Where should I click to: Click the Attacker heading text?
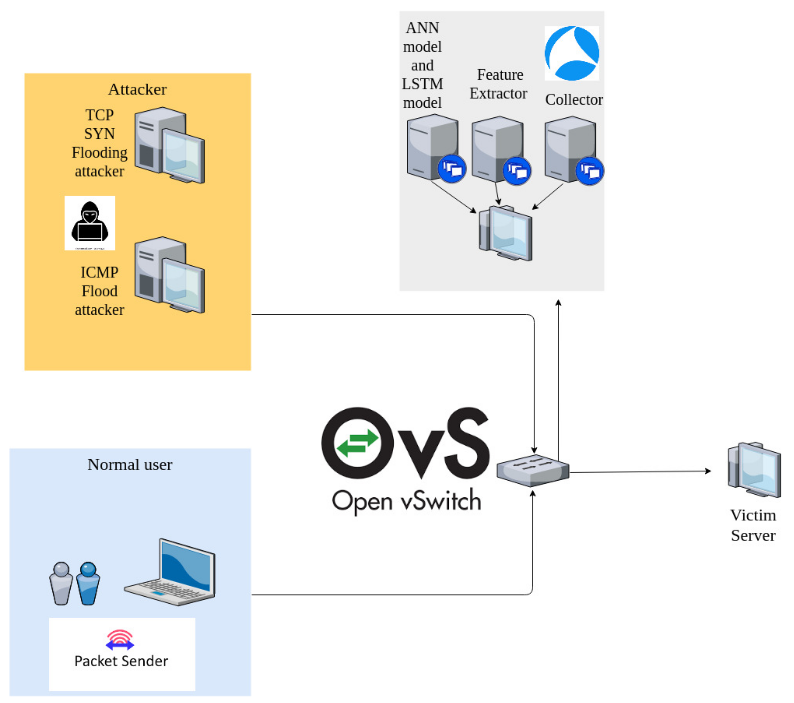point(137,89)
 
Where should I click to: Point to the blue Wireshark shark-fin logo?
point(571,53)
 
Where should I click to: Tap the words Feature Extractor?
point(499,84)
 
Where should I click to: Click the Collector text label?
point(574,100)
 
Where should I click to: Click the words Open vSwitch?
point(406,501)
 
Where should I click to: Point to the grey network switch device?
point(533,470)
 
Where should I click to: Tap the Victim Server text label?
point(753,525)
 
